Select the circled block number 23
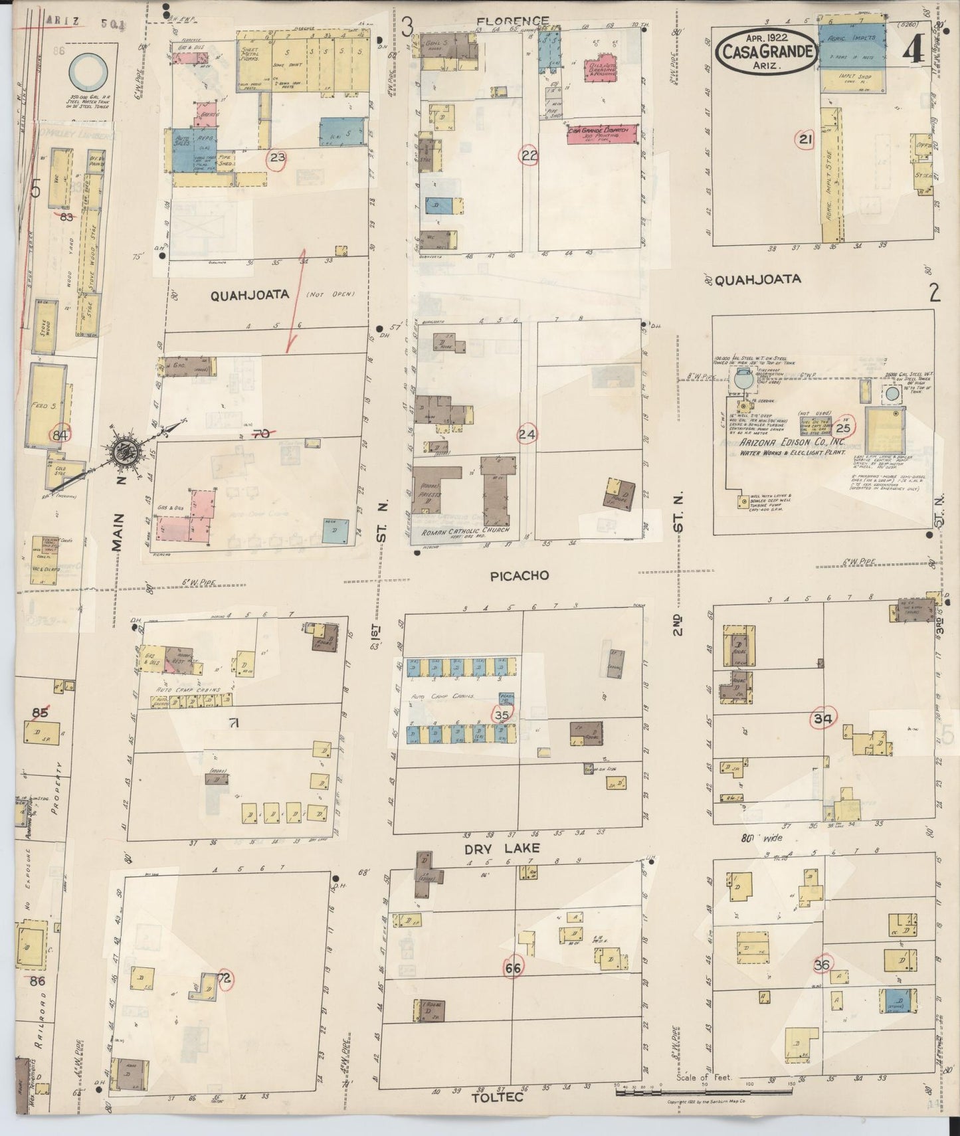[277, 158]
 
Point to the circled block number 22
[529, 156]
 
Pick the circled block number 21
[806, 140]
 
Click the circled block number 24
[528, 434]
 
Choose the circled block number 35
[502, 715]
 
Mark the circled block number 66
[513, 968]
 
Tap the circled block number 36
[822, 965]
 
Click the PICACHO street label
[520, 576]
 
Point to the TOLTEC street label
[498, 1097]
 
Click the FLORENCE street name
[513, 21]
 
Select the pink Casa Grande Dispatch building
[603, 133]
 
